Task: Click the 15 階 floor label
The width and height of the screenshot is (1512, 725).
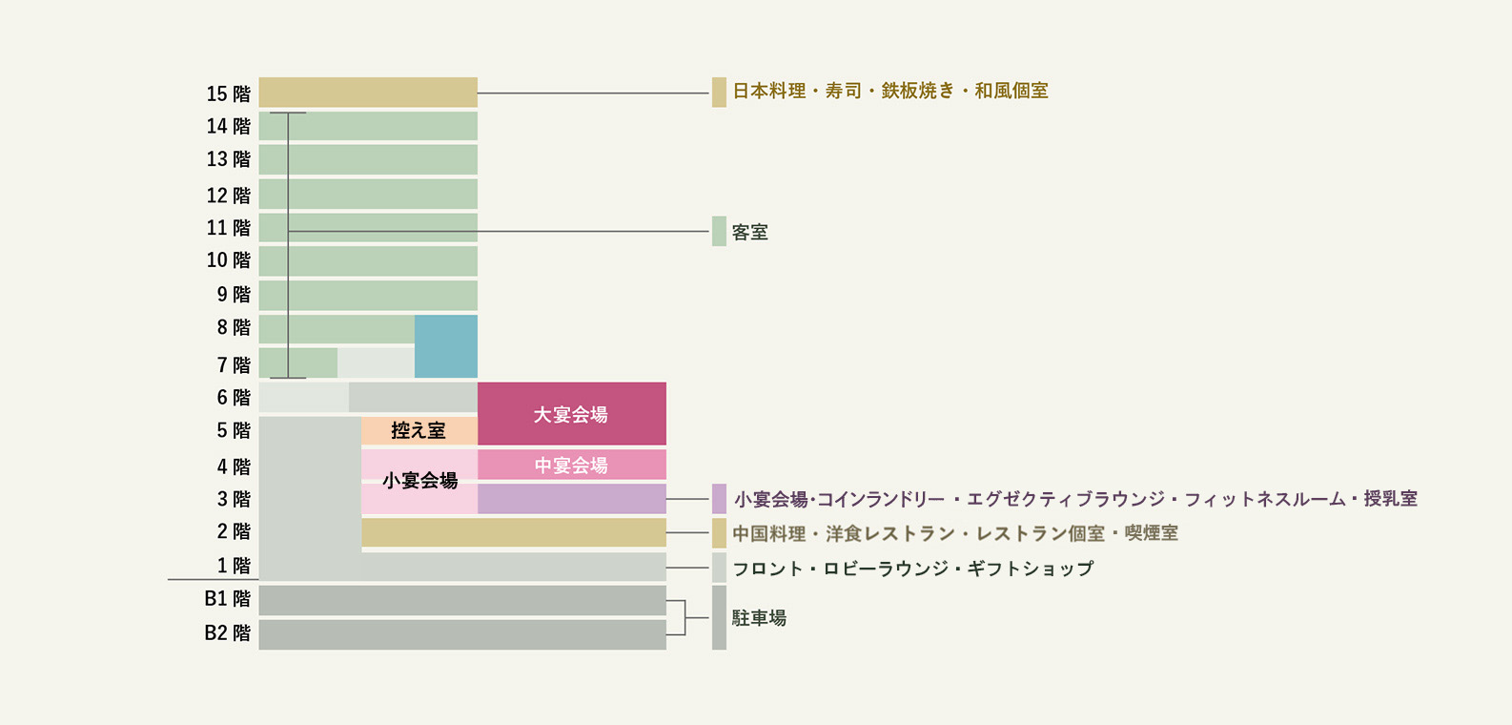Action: click(228, 93)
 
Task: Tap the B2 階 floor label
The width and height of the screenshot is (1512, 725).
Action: click(228, 633)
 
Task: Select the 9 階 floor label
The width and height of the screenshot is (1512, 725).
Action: click(234, 295)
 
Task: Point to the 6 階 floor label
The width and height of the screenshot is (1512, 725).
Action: click(234, 397)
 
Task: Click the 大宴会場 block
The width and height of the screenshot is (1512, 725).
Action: click(572, 413)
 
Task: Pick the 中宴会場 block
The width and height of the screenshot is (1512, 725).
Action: click(572, 465)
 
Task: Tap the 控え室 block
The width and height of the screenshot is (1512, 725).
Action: click(419, 430)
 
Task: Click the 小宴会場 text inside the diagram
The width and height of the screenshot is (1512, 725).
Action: click(419, 481)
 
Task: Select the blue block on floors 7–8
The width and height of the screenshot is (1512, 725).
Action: click(446, 346)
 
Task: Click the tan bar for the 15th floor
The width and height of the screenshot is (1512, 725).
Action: click(368, 92)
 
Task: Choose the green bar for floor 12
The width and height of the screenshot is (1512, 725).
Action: click(368, 194)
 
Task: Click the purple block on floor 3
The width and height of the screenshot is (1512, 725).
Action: click(572, 499)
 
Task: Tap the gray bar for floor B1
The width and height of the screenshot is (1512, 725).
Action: click(462, 600)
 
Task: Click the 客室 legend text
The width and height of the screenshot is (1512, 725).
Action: click(750, 233)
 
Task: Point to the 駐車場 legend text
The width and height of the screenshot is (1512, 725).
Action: click(760, 617)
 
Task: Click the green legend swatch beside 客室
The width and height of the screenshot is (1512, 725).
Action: click(719, 231)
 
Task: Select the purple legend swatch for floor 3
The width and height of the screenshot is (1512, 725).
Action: click(719, 499)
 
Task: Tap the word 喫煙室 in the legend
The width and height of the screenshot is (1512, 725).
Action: click(1151, 533)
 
